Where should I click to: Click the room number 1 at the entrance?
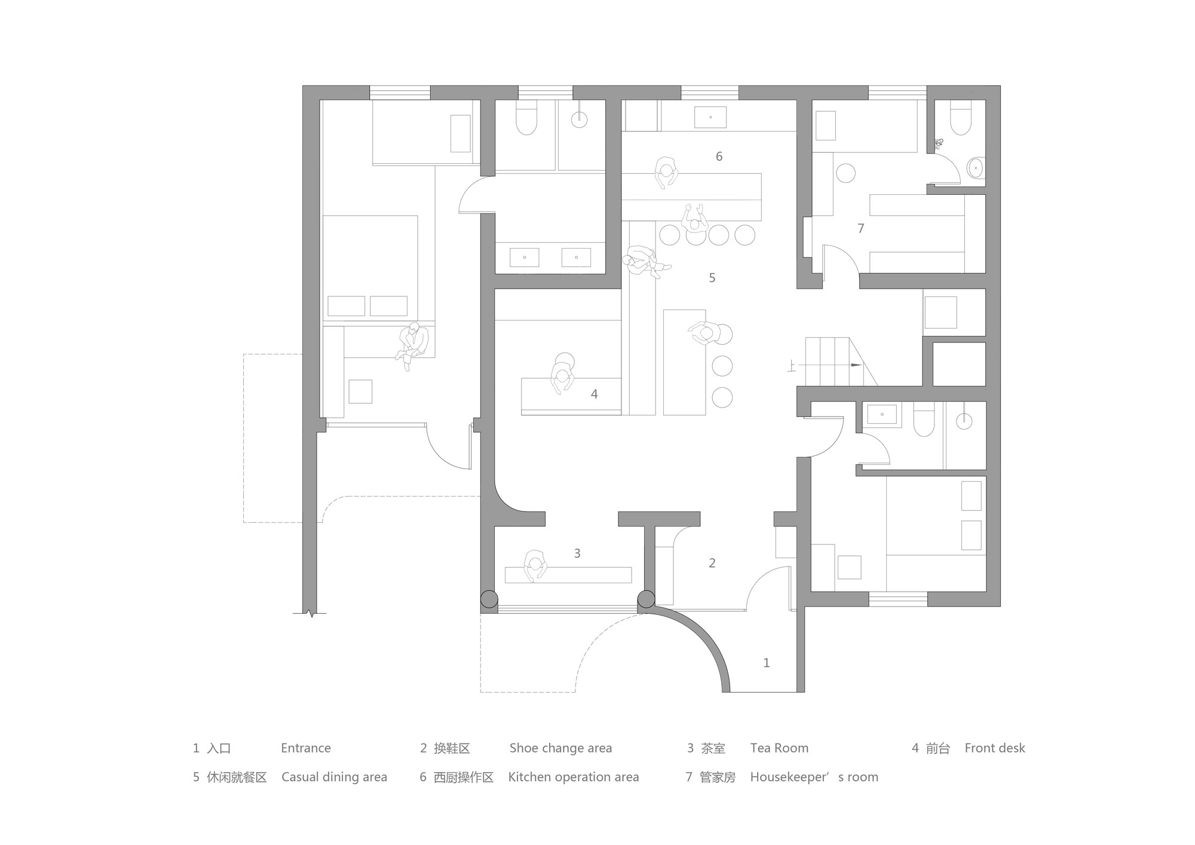pos(767,663)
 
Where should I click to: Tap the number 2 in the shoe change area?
pos(712,563)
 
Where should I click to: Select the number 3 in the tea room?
pos(577,553)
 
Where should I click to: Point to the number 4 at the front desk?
pos(594,394)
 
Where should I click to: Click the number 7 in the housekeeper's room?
pos(861,228)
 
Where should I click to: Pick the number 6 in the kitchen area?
pos(719,156)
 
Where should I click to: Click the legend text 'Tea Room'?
pos(779,748)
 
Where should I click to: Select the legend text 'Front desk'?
pos(995,748)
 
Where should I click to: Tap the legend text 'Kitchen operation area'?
pos(574,777)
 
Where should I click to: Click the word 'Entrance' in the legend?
pos(306,748)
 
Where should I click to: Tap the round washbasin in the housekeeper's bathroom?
pos(976,169)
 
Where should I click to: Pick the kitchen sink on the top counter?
pos(710,117)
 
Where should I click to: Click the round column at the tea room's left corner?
pos(489,599)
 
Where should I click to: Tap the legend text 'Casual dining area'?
pos(334,777)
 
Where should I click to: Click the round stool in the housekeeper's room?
pos(845,173)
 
